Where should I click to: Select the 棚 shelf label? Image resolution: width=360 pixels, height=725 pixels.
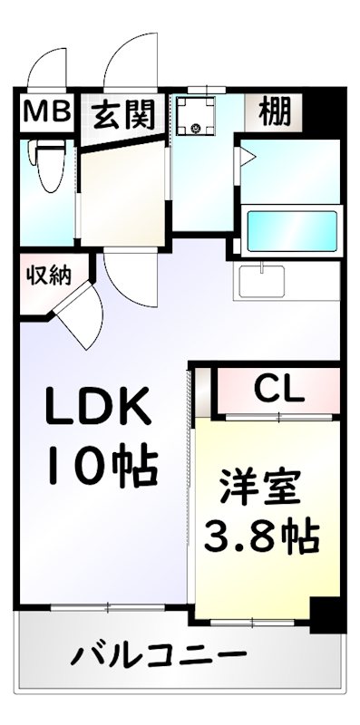tap(274, 113)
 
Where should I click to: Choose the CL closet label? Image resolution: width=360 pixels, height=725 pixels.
tap(278, 390)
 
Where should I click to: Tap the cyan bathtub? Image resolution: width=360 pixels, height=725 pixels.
tap(292, 223)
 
